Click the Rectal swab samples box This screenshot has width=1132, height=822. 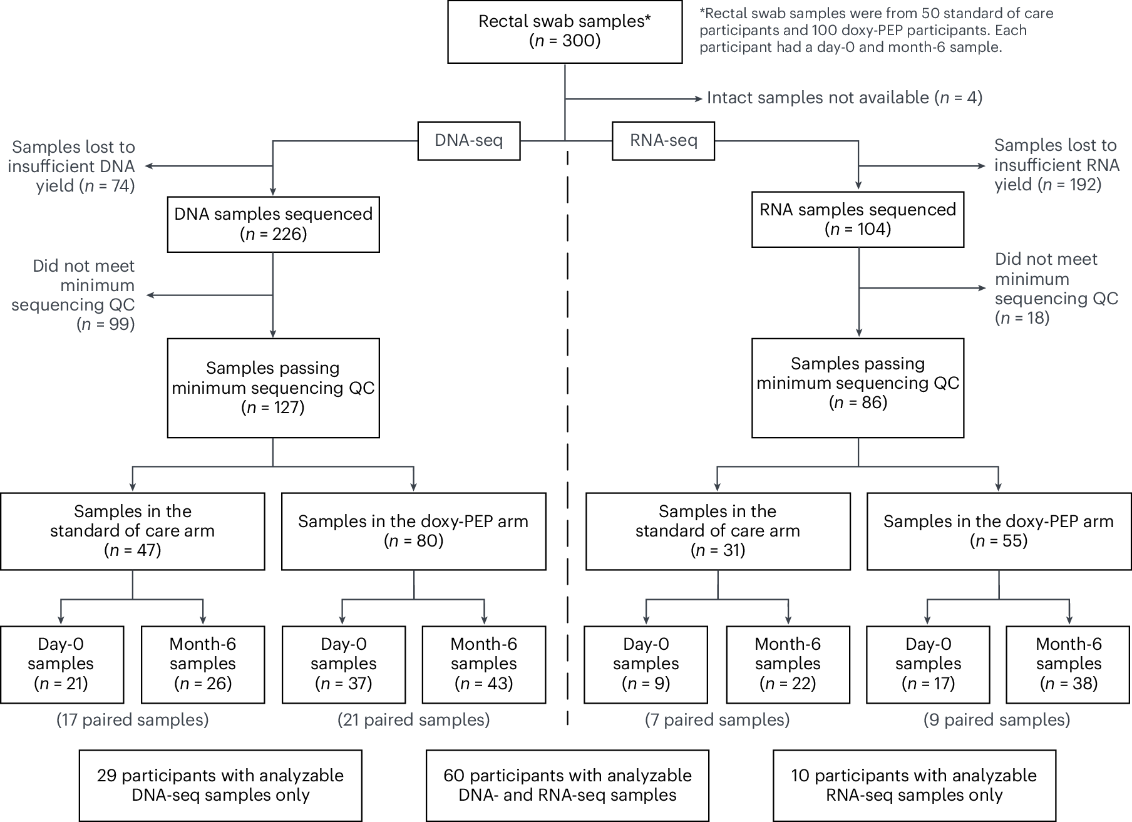(x=564, y=31)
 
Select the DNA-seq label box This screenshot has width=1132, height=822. (x=468, y=141)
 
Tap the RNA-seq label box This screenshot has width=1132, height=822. (x=663, y=141)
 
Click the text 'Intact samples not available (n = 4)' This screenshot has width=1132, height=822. (x=844, y=98)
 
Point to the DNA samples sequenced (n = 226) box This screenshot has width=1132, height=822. (x=273, y=224)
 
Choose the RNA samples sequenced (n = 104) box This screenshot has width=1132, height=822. (x=857, y=219)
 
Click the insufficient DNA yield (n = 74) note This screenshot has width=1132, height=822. (x=73, y=167)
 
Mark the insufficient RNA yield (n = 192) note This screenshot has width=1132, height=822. (x=1055, y=165)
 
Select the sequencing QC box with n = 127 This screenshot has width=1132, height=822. (x=273, y=388)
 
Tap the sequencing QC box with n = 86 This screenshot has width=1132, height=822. (x=857, y=383)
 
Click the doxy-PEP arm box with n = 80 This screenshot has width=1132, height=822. (x=413, y=531)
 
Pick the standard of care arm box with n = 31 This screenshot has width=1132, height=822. (x=718, y=531)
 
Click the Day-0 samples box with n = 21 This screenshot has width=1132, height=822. (x=61, y=664)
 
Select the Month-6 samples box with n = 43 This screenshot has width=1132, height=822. (x=483, y=664)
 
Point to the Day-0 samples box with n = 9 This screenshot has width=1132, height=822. (x=646, y=664)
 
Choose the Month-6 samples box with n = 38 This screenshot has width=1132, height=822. (x=1068, y=664)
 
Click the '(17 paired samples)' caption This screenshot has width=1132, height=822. (x=133, y=720)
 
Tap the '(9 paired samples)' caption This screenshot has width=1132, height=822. (x=996, y=720)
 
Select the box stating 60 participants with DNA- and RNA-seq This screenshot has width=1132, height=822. (x=567, y=785)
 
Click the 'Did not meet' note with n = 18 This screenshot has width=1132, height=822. (x=1055, y=289)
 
